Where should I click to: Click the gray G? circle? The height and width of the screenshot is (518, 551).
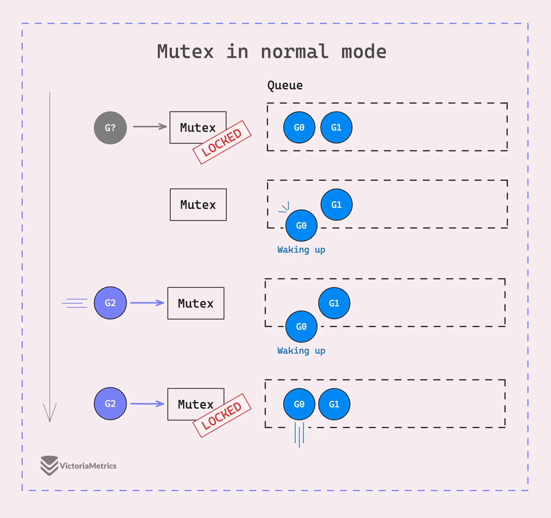point(110,128)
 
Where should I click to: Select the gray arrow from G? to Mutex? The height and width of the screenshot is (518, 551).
point(150,126)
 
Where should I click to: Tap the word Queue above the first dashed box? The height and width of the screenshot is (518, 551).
point(285,85)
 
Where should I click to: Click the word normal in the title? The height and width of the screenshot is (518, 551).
point(295,52)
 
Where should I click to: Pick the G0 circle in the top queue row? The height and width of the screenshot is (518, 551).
point(299,127)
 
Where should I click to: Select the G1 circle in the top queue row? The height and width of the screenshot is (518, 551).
point(336,127)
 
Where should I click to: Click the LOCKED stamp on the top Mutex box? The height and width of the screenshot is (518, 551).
point(222,142)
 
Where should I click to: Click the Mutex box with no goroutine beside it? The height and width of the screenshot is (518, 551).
point(198,205)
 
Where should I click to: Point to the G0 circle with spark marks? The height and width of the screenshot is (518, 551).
point(301,226)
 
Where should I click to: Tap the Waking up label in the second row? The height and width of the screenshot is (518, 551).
point(301,250)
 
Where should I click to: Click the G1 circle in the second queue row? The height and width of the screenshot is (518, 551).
point(336,205)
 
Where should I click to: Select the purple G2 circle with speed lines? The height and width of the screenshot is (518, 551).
point(110,303)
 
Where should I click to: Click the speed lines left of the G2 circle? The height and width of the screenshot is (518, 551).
point(74,303)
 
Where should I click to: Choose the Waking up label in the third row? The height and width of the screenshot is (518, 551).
point(301,351)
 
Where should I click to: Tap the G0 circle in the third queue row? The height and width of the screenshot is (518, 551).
point(301,327)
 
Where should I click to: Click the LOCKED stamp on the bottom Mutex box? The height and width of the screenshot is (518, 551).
point(222,416)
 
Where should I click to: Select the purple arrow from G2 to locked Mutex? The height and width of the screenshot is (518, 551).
point(147,404)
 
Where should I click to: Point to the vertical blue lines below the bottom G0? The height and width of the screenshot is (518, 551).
point(299,434)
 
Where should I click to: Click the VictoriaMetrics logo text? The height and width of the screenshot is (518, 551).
point(88,466)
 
